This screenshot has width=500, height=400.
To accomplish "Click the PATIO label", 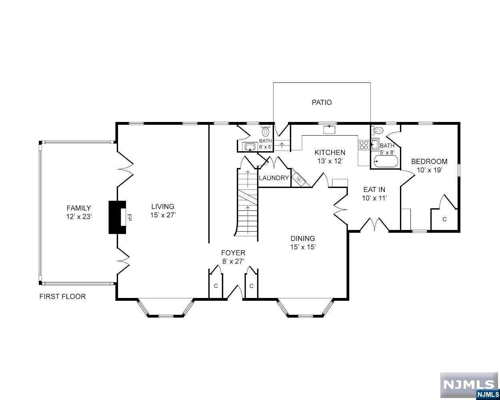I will [x=322, y=102].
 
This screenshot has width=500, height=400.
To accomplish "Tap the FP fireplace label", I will [x=129, y=217].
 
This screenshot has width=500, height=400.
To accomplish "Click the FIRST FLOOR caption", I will [x=62, y=296].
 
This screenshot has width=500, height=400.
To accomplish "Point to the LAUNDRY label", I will [x=274, y=178].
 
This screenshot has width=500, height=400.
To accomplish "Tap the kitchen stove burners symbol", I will [x=364, y=144].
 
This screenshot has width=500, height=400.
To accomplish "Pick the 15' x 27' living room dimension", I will [x=163, y=215].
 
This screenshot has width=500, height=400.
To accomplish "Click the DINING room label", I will [x=303, y=239].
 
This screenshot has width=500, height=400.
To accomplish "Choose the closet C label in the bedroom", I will [x=444, y=219].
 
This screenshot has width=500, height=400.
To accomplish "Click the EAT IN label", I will [x=374, y=190].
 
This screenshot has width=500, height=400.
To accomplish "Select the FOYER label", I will [x=233, y=253].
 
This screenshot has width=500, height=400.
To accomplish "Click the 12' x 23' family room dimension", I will [x=79, y=216].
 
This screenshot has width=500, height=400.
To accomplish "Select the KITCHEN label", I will [x=330, y=152].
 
